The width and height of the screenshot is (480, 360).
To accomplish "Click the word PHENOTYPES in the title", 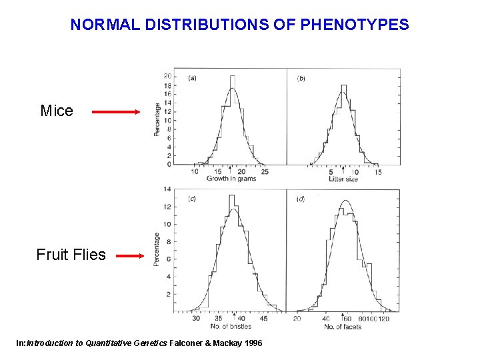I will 355,25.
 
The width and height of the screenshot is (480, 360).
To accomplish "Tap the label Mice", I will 57,111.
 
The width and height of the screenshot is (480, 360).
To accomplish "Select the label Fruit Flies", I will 71,255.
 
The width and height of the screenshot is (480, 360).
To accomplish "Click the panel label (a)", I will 191,78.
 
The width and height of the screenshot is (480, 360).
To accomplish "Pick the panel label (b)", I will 301,78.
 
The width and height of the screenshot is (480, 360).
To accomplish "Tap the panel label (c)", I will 191,199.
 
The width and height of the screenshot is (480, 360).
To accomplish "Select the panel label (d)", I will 301,199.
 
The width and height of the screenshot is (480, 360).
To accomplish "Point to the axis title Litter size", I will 343,179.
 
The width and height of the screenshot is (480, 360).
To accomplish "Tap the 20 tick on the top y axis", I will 167,76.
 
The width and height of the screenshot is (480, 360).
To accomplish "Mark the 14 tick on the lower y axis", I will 167,189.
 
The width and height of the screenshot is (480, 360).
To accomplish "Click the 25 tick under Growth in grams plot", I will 264,171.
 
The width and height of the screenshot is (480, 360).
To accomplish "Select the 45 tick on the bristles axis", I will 264,319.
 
